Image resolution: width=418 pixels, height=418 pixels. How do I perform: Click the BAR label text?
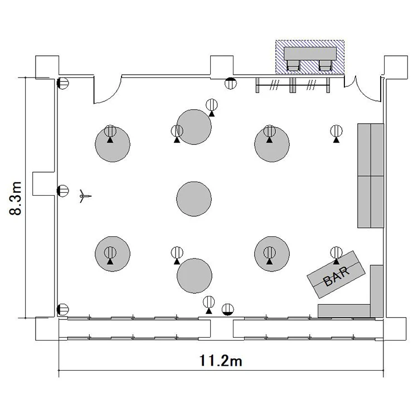tap(336, 276)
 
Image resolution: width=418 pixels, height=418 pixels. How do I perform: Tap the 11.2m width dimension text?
tap(221, 361)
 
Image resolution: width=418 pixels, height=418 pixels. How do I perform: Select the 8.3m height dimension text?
tap(15, 198)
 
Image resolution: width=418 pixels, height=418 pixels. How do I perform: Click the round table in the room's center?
tap(194, 199)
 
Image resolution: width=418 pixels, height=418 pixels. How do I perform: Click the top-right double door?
tap(363, 89)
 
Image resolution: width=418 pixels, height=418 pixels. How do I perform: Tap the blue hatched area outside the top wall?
tap(310, 57)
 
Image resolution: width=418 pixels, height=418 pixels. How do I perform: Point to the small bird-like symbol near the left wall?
tap(85, 196)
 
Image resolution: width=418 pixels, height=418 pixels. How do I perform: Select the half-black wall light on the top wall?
tap(231, 83)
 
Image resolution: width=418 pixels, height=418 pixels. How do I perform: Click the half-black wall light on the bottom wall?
tap(228, 310)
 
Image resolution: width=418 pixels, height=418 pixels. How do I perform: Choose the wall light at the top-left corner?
tap(63, 83)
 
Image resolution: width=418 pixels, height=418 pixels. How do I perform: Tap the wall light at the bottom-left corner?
tap(63, 310)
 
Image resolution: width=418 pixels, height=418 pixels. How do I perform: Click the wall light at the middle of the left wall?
tap(63, 191)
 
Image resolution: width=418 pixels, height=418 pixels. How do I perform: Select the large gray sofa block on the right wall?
tap(371, 176)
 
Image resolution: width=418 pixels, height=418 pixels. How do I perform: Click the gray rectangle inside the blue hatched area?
tap(310, 54)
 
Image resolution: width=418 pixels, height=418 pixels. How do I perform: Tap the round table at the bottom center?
tap(195, 276)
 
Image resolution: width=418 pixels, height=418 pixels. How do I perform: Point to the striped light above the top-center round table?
tap(212, 105)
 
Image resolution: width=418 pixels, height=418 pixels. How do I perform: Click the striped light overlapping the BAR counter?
tap(336, 252)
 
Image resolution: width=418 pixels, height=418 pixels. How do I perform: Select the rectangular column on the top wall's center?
tap(222, 66)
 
